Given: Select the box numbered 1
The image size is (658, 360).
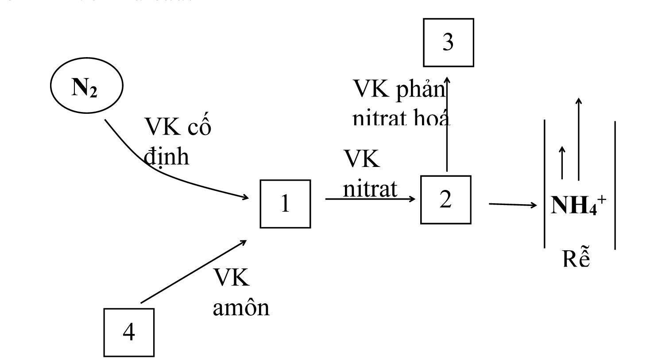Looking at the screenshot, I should (x=285, y=204).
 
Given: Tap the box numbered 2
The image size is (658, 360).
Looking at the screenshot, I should (x=445, y=200).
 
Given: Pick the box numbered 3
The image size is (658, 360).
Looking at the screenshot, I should (x=448, y=43).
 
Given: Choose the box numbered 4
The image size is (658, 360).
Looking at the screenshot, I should (x=129, y=332).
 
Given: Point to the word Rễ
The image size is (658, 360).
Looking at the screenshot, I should (x=577, y=259).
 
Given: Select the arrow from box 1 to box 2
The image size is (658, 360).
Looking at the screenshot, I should (x=370, y=199).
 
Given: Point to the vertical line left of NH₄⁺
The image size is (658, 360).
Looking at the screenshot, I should (x=545, y=184).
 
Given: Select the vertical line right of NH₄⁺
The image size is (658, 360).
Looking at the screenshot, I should (x=615, y=185).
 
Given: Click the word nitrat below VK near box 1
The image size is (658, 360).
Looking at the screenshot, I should (x=370, y=190).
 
